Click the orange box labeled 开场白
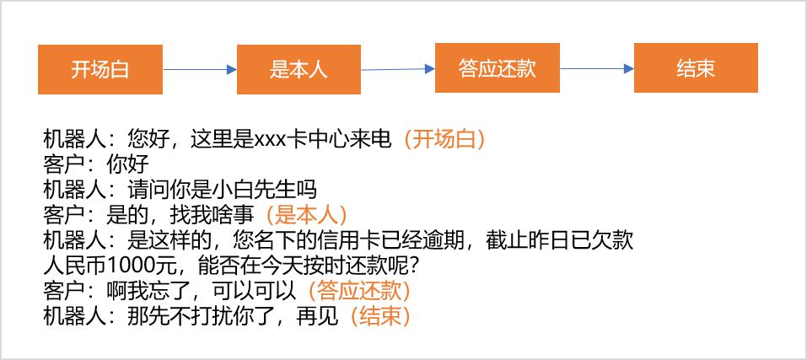[100, 69]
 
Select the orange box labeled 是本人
[299, 69]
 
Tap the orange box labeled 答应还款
[498, 68]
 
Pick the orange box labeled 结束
[696, 68]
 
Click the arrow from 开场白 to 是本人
[200, 69]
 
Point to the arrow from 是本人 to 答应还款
[398, 69]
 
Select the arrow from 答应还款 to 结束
[597, 68]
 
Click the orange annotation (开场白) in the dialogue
[444, 139]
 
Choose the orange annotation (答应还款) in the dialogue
[358, 292]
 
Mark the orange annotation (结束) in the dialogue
[380, 317]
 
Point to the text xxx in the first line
[270, 140]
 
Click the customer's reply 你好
[127, 165]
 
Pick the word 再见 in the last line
[318, 317]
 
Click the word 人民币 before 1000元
[74, 266]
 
